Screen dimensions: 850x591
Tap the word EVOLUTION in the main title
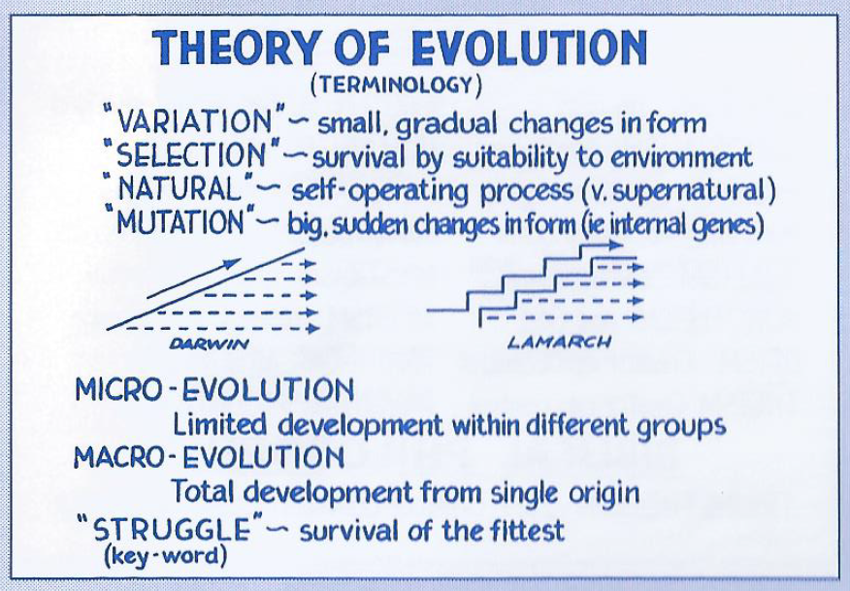[529, 48]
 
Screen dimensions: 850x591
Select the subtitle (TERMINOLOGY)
[396, 85]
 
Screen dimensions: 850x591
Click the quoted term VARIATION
[195, 120]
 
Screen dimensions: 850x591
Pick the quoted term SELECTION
[191, 154]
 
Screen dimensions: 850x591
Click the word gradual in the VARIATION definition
[446, 125]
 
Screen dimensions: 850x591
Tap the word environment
[681, 157]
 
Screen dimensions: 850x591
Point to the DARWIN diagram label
[209, 344]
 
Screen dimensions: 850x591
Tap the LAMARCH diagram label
[560, 342]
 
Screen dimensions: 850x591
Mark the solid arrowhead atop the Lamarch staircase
[616, 246]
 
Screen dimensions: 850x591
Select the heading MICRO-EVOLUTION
[214, 390]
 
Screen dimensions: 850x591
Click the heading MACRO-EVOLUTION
[210, 457]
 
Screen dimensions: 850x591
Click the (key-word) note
[165, 556]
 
